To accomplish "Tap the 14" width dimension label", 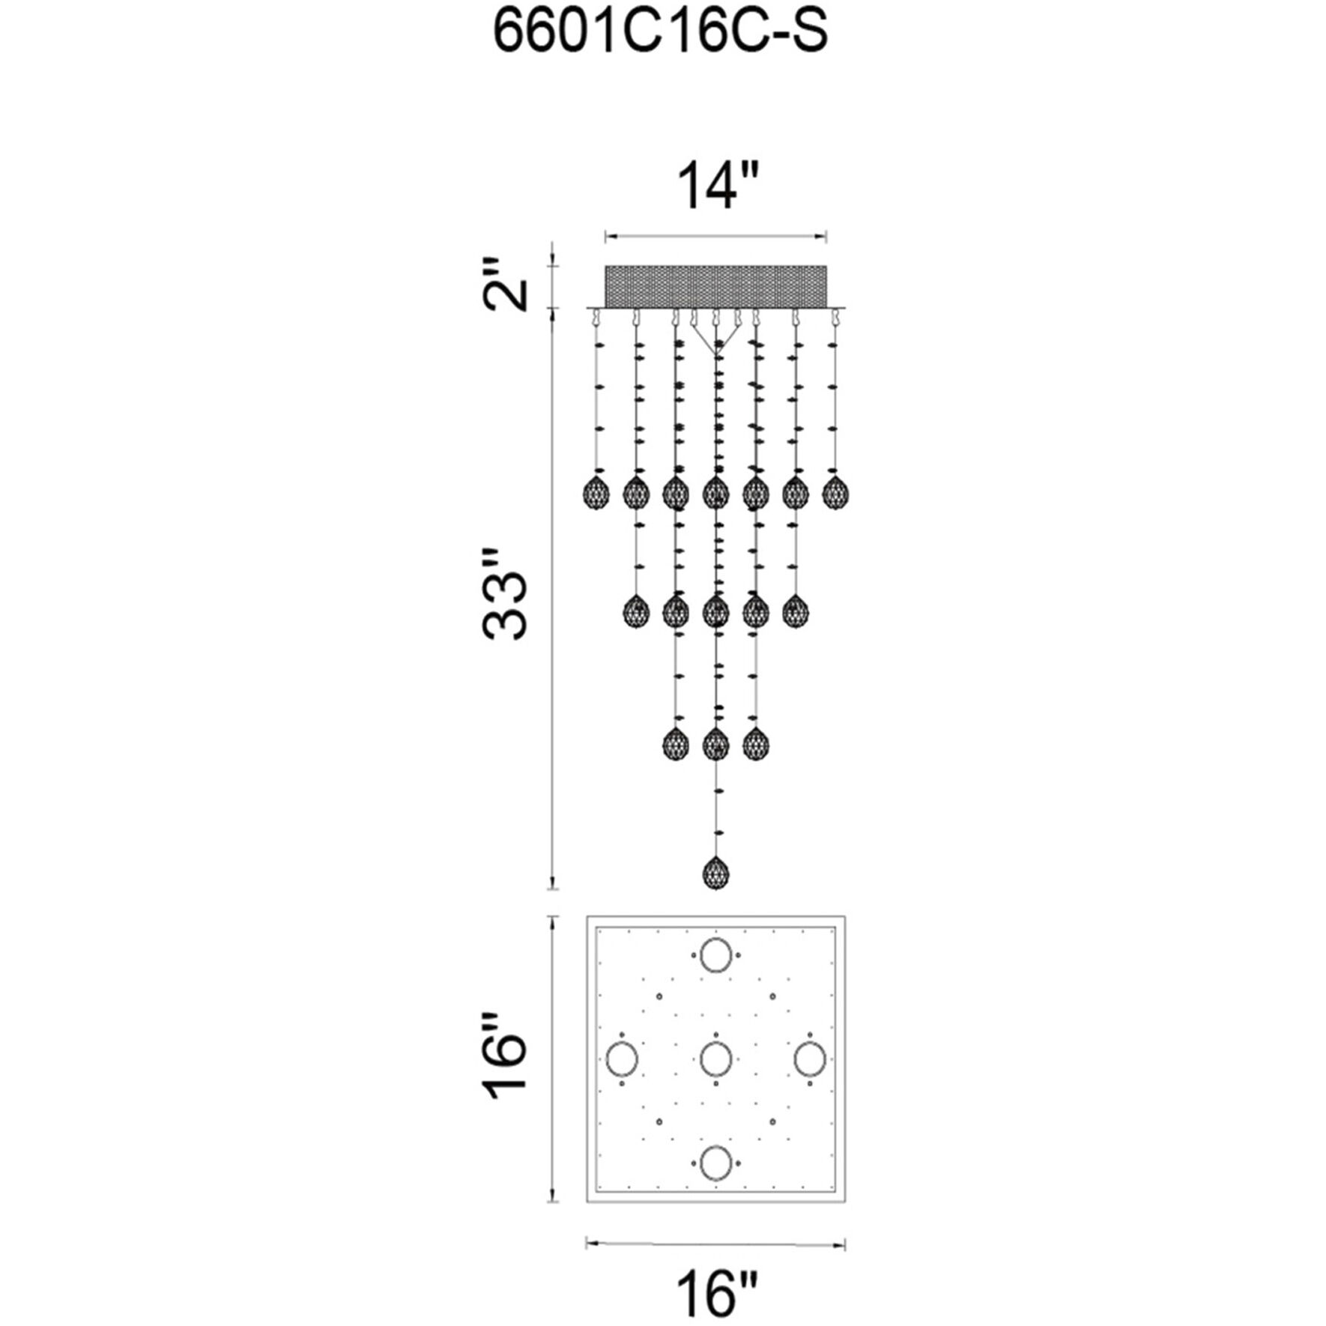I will [717, 187].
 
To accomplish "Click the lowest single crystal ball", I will [715, 873].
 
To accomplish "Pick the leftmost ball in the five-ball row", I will [636, 612].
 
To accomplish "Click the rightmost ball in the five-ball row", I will [795, 612].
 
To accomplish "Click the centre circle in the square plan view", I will [715, 1059].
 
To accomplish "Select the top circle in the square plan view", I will [715, 955].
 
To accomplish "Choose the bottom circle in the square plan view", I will [715, 1163].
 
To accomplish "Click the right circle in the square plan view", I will [810, 1059].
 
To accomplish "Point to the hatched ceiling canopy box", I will [715, 285].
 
